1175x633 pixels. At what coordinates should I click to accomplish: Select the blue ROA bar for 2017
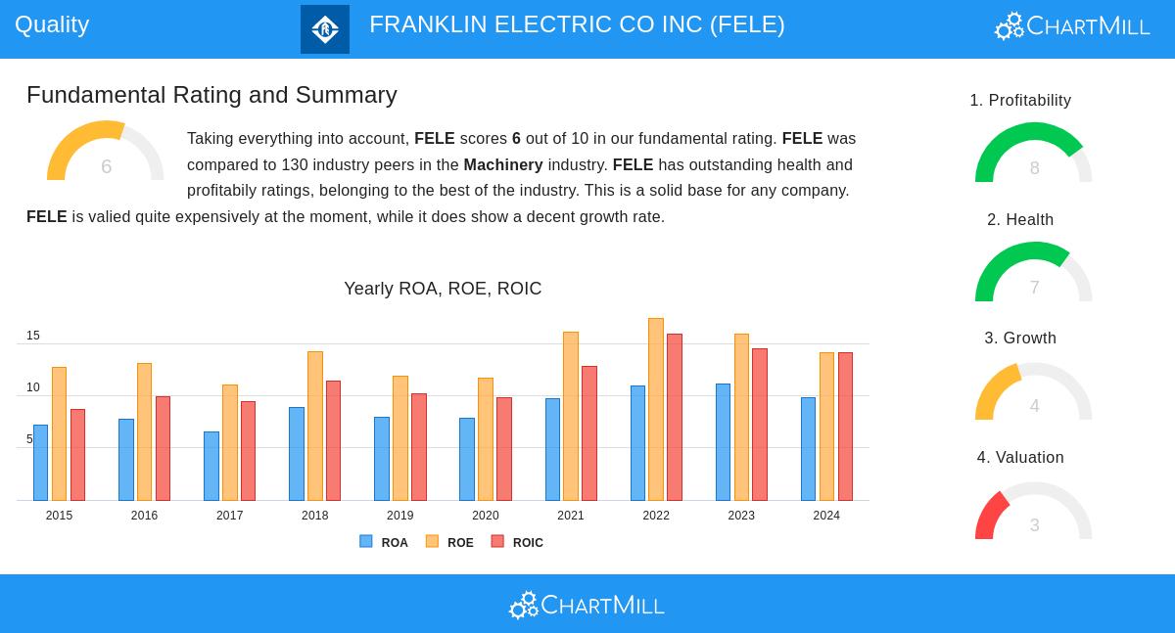pyautogui.click(x=211, y=466)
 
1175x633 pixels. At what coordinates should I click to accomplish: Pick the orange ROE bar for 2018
pyautogui.click(x=314, y=426)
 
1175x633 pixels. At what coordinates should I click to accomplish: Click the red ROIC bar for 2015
pyautogui.click(x=77, y=454)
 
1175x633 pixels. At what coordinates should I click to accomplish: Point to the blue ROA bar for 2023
pyautogui.click(x=723, y=441)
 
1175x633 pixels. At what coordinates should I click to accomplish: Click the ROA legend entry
pyautogui.click(x=384, y=542)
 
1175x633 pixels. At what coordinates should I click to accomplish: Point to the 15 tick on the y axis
pyautogui.click(x=33, y=336)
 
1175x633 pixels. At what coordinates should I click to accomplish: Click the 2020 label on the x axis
pyautogui.click(x=485, y=516)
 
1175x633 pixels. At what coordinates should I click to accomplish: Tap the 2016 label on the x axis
pyautogui.click(x=144, y=516)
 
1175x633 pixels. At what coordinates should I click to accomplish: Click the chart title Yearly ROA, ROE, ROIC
pyautogui.click(x=443, y=289)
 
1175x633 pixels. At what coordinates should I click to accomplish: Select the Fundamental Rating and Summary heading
pyautogui.click(x=211, y=95)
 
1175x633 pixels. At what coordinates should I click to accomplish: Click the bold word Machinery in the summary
pyautogui.click(x=502, y=164)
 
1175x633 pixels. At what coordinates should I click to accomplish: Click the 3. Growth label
pyautogui.click(x=1020, y=339)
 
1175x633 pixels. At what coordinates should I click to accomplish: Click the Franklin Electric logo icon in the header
pyautogui.click(x=325, y=29)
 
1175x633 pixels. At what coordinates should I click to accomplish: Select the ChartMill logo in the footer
pyautogui.click(x=587, y=605)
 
